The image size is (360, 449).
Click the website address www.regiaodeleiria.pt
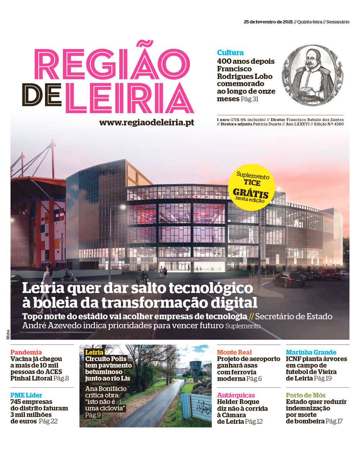click(147, 123)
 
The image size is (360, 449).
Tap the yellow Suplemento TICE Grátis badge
click(252, 187)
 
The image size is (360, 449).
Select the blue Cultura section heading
click(230, 53)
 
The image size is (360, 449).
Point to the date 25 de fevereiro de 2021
click(268, 22)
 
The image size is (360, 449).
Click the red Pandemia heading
click(26, 352)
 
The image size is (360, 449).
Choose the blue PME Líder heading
click(26, 395)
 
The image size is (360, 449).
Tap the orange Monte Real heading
click(234, 352)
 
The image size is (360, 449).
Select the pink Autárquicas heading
click(236, 395)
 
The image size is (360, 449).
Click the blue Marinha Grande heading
click(311, 352)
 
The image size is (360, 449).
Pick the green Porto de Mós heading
click(306, 395)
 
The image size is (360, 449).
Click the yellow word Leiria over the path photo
click(94, 352)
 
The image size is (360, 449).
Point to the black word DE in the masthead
click(42, 95)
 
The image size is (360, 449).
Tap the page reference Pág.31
click(250, 99)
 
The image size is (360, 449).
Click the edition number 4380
click(339, 124)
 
